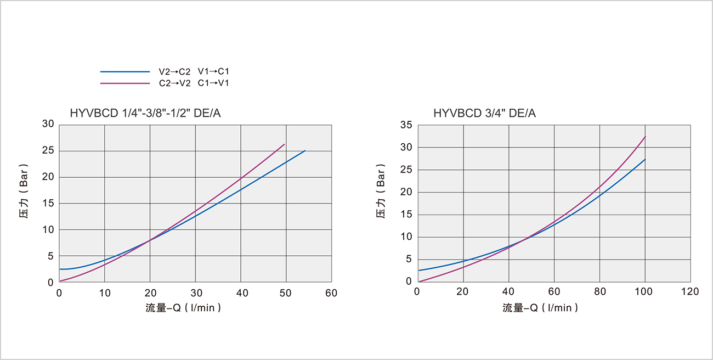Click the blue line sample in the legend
(125, 72)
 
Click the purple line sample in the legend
(125, 83)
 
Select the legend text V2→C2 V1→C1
(194, 72)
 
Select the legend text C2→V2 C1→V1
(194, 83)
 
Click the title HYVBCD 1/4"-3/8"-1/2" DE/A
(145, 114)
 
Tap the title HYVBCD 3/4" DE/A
(484, 114)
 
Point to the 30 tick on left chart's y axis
(48, 125)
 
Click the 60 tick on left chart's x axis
(331, 293)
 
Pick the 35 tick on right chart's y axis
(406, 125)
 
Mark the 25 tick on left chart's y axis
(48, 151)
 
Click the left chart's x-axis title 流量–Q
(183, 308)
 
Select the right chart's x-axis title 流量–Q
(540, 308)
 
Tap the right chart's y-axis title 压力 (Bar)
(381, 191)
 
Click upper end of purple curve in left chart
(285, 144)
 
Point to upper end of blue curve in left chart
(305, 150)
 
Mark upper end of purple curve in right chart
(646, 136)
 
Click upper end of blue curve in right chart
(646, 159)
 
